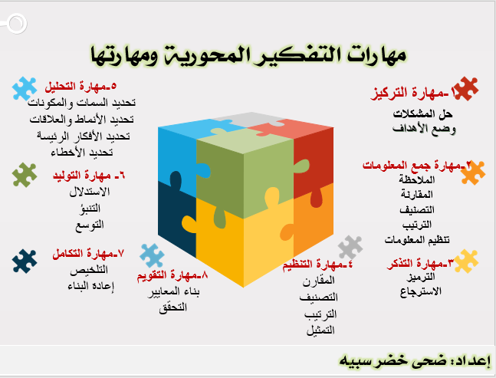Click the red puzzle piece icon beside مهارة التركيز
point(465,89)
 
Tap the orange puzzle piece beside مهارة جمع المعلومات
point(473,173)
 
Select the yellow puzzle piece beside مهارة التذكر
point(466,261)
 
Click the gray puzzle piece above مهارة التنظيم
point(350,248)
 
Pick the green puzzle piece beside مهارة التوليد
point(25,175)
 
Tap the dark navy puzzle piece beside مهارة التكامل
point(25,261)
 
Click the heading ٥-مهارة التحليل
point(80,87)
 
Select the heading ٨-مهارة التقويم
point(172,275)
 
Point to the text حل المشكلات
point(422,114)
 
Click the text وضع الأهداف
point(424,129)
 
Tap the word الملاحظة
point(416,179)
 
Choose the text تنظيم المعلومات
point(417,240)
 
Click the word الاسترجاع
point(420,291)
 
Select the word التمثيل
point(320,330)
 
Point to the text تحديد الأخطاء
point(82,153)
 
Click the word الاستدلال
point(90,192)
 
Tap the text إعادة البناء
point(90,286)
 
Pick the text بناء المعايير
point(174,291)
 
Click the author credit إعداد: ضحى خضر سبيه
point(415,361)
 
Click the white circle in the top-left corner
point(16,24)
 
